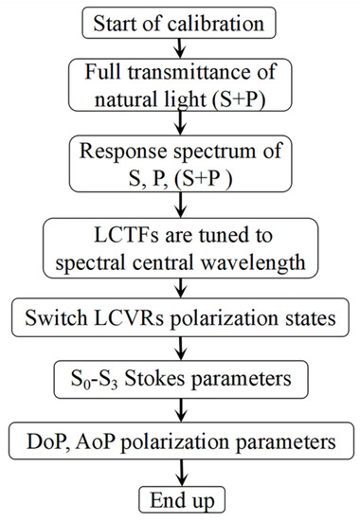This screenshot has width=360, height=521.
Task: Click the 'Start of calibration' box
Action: tap(180, 20)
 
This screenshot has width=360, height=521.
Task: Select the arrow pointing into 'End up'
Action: tap(180, 475)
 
